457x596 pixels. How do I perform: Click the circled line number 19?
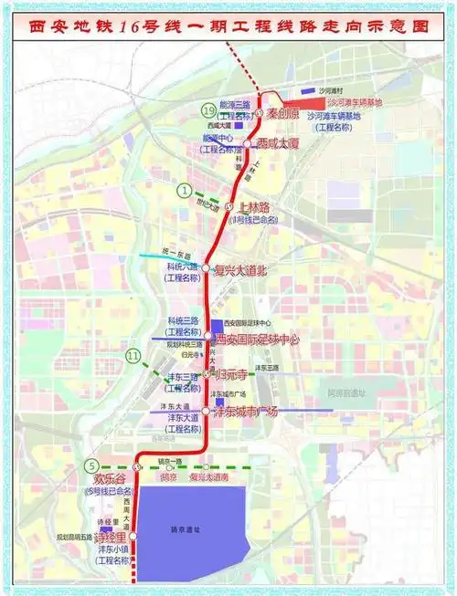[x=209, y=110]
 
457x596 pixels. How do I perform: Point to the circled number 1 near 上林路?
[x=186, y=191]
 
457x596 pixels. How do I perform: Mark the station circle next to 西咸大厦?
[x=247, y=143]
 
